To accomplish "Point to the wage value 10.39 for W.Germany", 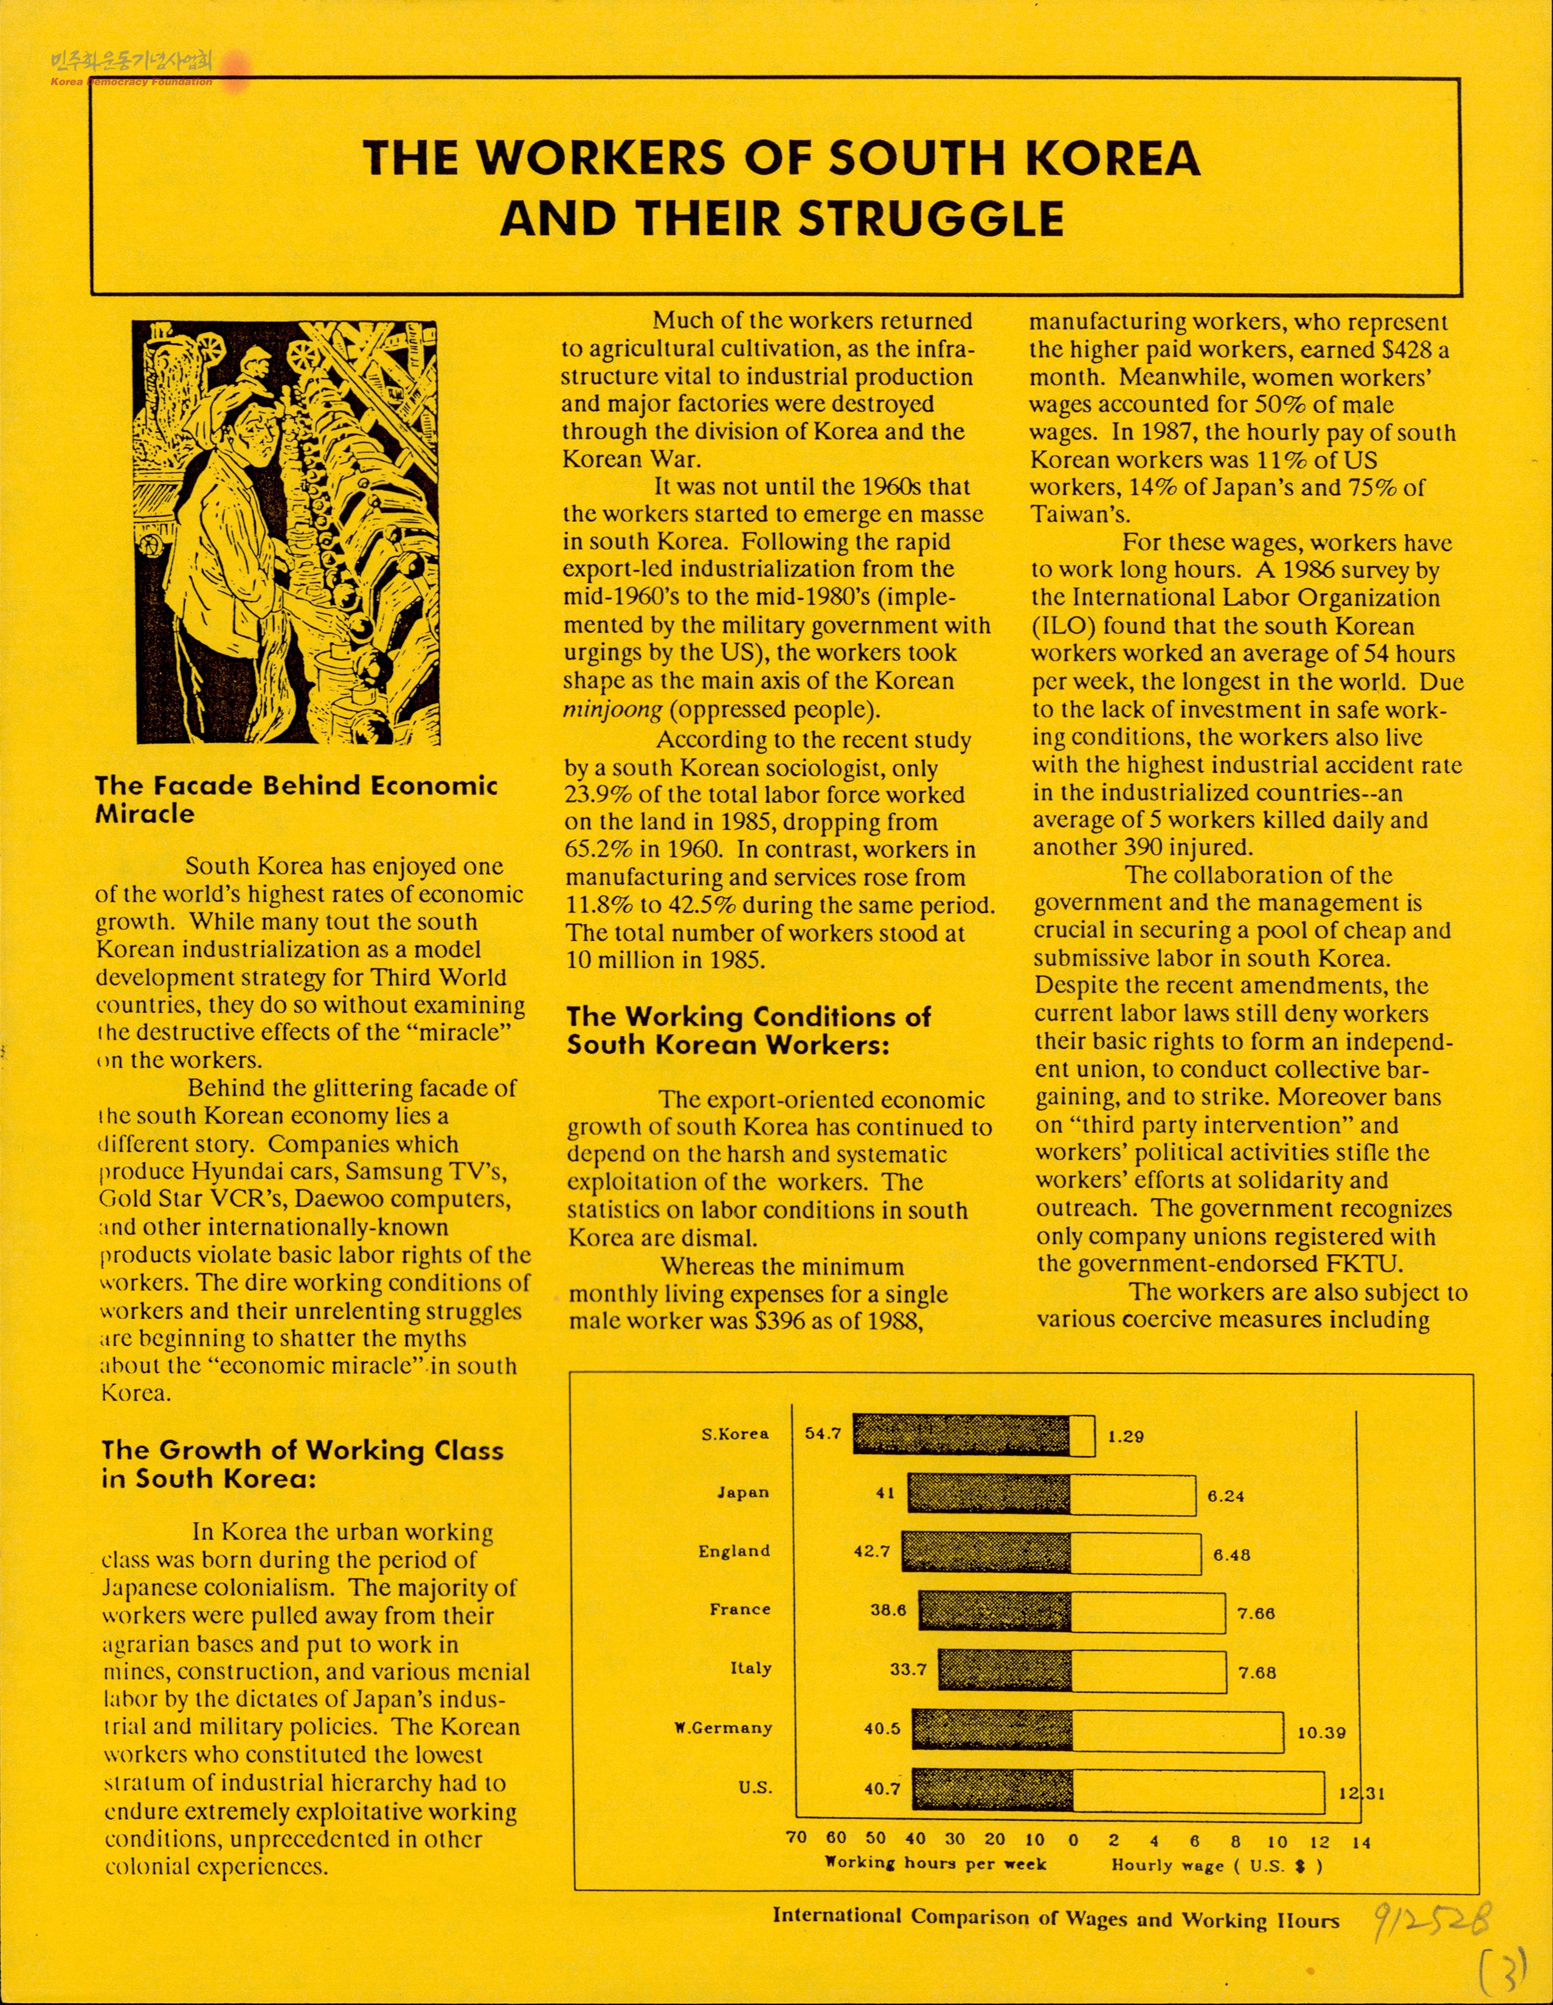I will [1321, 1732].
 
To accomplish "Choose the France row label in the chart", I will [740, 1610].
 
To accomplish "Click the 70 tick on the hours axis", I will [797, 1839].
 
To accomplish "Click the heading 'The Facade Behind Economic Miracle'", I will [296, 799].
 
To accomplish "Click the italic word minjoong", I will [606, 710].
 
